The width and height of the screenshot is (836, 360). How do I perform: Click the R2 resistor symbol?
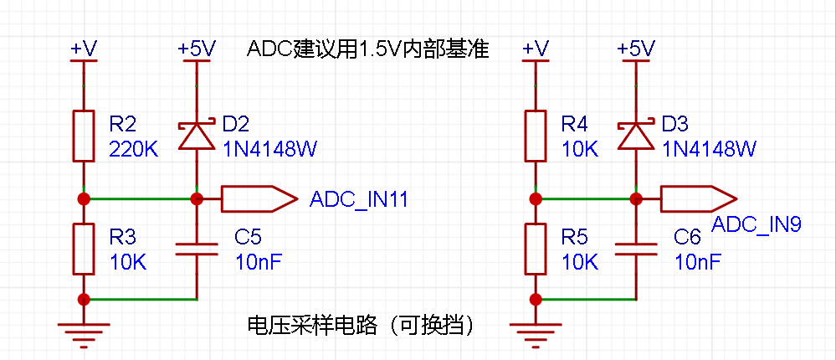point(83,136)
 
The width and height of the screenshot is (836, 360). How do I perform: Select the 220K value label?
point(134,150)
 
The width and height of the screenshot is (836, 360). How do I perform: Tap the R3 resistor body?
point(83,249)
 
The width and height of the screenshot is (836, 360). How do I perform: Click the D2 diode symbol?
point(197,135)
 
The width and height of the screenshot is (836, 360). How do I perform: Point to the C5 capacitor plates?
point(197,249)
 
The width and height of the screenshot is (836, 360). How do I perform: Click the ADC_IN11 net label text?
point(359,200)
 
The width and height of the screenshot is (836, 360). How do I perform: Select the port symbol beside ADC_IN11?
point(259,199)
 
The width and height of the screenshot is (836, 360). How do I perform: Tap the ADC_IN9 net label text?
point(757,224)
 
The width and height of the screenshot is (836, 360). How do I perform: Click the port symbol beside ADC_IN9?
point(699,199)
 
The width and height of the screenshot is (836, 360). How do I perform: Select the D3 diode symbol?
point(636,135)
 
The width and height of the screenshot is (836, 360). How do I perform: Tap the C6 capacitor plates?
point(636,249)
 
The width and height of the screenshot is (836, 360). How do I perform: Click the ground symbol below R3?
point(83,334)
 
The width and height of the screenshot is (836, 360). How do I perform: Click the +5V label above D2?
point(197,49)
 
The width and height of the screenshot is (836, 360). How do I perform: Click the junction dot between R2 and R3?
point(83,199)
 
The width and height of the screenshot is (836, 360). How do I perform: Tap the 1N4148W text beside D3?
point(709,150)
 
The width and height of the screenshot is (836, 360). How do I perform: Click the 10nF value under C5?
point(258,262)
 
